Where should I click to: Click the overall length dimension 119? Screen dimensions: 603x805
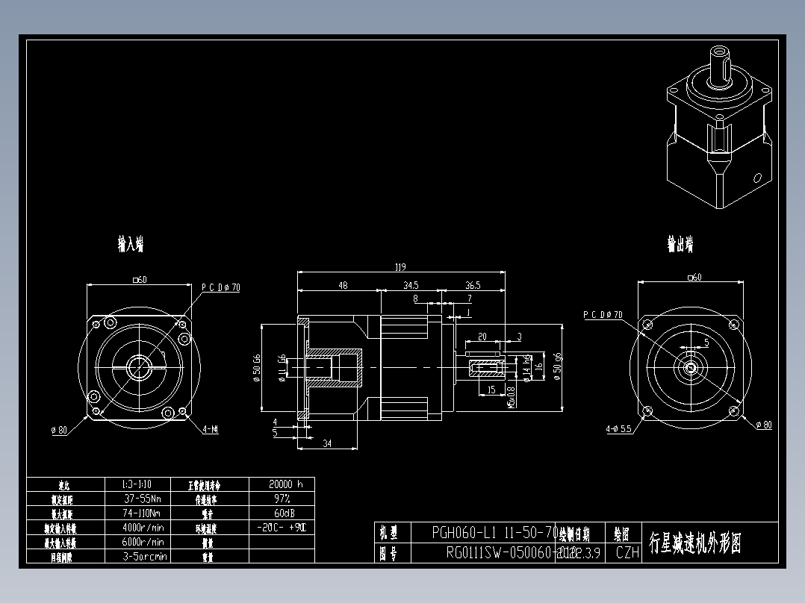(x=400, y=266)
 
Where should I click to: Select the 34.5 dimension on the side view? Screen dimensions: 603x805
(x=411, y=285)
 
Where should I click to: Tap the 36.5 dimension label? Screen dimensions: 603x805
(x=473, y=285)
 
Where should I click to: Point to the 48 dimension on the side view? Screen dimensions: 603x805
(x=343, y=285)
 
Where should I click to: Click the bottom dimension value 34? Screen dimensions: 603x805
(x=326, y=444)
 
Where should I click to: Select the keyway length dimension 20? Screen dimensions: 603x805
(x=482, y=337)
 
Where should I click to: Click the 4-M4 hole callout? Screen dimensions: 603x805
(x=211, y=430)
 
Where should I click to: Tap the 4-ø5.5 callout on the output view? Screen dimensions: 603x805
(x=619, y=429)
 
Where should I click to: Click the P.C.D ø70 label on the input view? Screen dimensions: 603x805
(x=220, y=287)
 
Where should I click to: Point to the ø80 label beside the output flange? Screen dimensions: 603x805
(x=763, y=425)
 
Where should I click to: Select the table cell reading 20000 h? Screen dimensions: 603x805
(x=281, y=484)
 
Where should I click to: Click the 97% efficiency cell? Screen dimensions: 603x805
(x=281, y=498)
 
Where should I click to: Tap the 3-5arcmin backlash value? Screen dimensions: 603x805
(x=144, y=556)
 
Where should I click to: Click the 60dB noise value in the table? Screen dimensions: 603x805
(x=281, y=513)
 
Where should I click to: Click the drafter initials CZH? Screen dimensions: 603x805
(x=627, y=553)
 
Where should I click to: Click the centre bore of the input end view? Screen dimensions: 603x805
(x=139, y=366)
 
